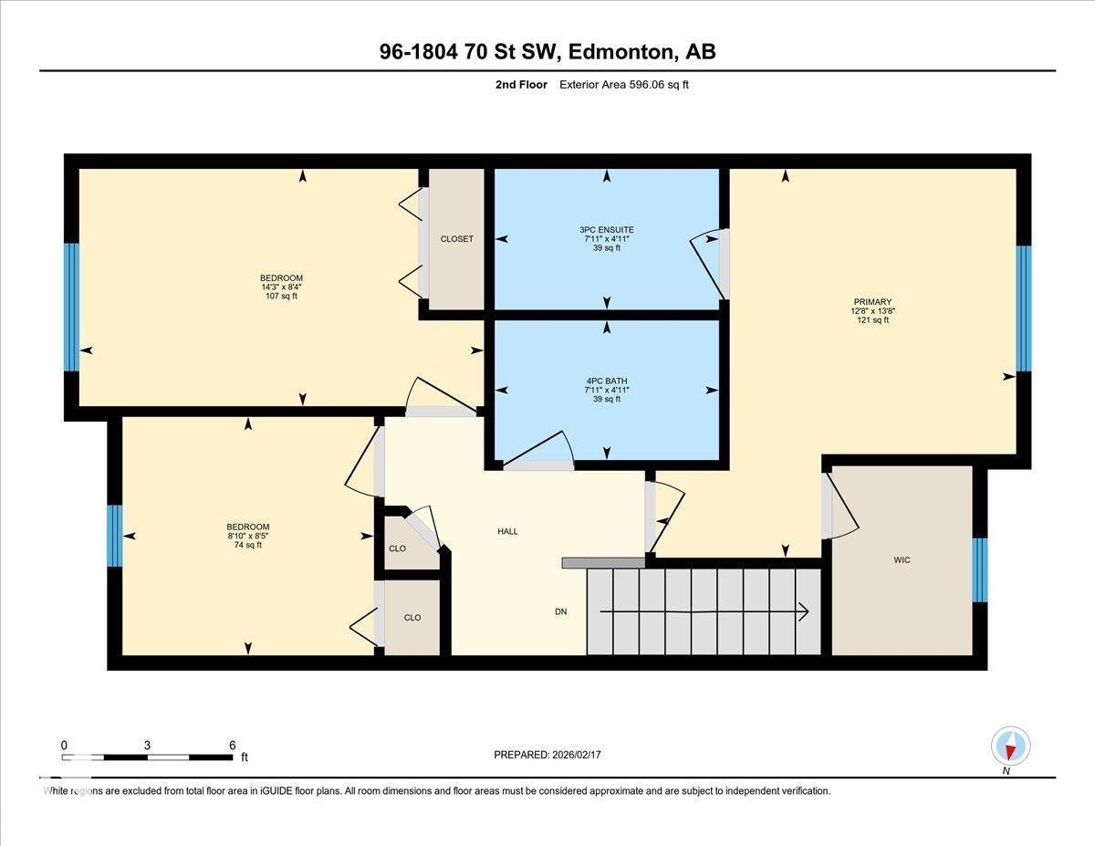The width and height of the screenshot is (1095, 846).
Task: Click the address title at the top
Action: pos(547,52)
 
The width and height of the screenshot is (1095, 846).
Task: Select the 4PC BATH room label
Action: pos(607,381)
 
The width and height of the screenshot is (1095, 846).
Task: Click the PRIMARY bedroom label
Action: pos(872,302)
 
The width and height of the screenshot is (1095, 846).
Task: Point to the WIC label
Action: pos(902,559)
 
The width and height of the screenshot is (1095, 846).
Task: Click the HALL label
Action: pos(507,531)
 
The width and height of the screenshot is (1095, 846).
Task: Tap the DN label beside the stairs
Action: pos(560,611)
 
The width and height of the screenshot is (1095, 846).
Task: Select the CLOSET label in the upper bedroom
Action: pos(456,239)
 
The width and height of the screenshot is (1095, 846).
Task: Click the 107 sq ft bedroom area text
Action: pos(281,296)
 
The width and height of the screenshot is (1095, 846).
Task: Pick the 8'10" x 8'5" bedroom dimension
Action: pos(248,536)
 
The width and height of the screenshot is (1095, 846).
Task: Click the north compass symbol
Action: pos(1010,746)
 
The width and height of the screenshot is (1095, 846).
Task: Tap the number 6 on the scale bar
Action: pos(233,745)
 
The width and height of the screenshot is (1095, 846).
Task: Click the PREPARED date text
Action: pos(547,755)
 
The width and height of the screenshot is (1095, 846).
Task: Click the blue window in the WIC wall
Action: pos(979,570)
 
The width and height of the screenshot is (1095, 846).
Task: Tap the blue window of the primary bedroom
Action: pos(1023,308)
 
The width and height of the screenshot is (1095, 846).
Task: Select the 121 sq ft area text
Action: pos(872,320)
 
